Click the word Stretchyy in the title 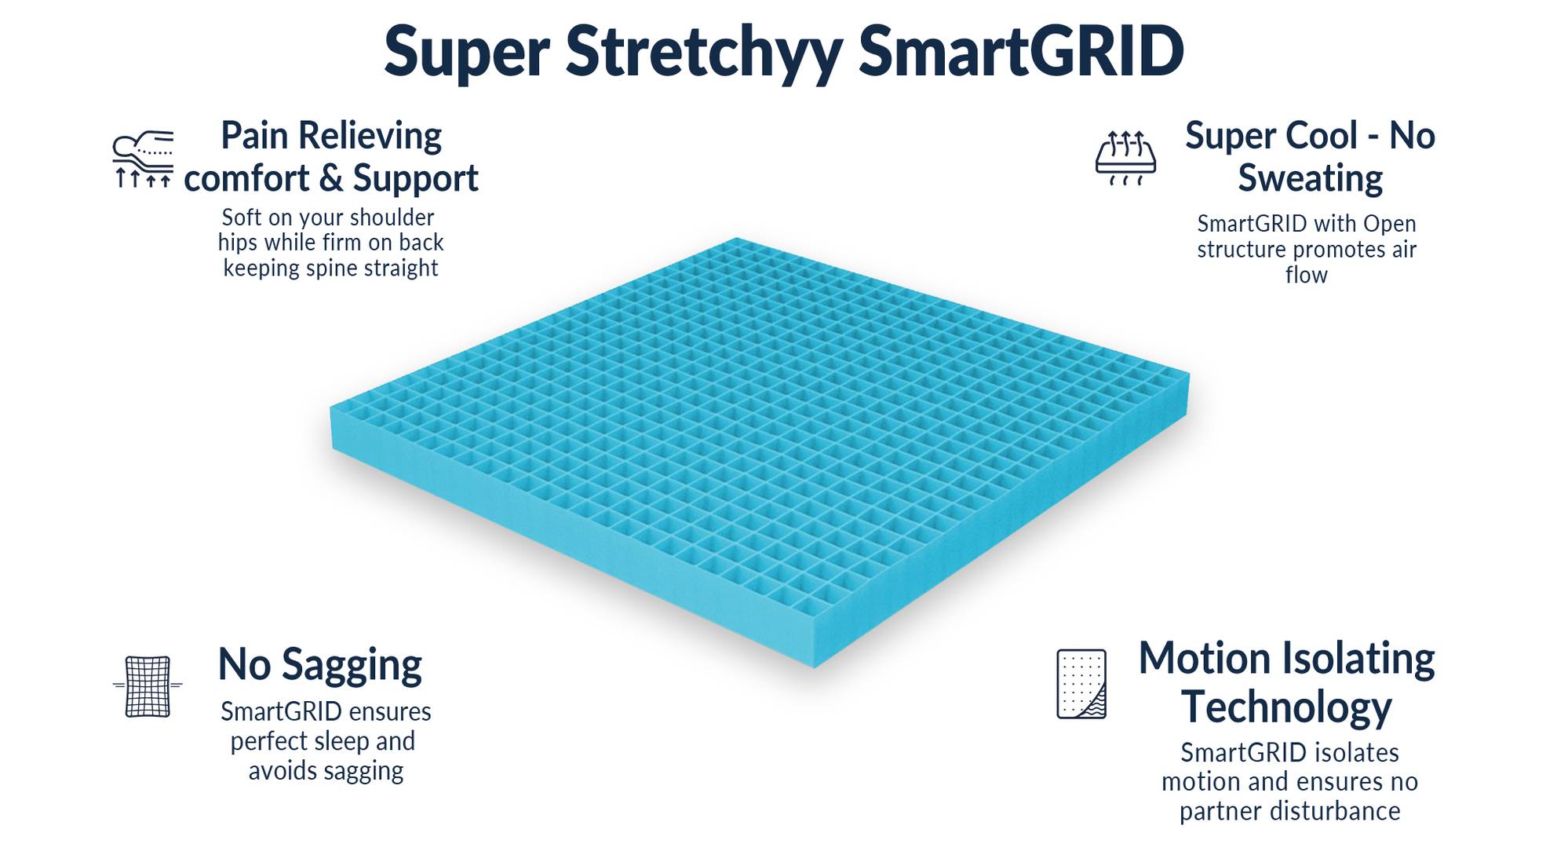coord(703,53)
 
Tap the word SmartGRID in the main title coord(1020,53)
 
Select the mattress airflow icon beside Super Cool coord(1125,158)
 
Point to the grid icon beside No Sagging coord(148,686)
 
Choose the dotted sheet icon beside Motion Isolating coord(1081,684)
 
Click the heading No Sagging coord(319,664)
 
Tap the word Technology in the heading coord(1286,707)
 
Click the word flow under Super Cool coord(1306,275)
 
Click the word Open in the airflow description coord(1389,224)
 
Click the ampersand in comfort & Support coord(331,178)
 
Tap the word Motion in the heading coord(1203,658)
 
